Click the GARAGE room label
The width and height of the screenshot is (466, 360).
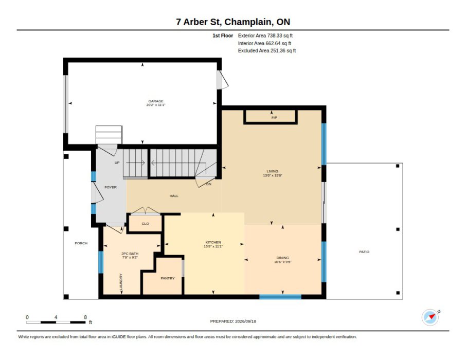coord(156,101)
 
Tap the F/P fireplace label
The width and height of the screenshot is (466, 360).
coord(274,118)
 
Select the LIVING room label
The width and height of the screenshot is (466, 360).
coord(272,171)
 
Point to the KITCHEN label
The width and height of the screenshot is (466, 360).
coord(213,242)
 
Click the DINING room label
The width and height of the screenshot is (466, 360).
coord(282,258)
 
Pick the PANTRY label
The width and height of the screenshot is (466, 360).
coord(168,278)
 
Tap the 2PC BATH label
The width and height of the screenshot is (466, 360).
coord(130,254)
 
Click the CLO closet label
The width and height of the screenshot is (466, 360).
coord(146,224)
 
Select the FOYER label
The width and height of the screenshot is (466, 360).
coord(111,187)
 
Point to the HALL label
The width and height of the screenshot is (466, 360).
coord(174,196)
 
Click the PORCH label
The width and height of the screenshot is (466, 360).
coord(81,243)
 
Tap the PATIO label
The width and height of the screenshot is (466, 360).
coord(364,252)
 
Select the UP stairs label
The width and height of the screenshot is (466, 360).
coord(117,163)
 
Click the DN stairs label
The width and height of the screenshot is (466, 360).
coord(209,184)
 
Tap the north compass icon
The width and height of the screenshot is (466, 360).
coord(430,317)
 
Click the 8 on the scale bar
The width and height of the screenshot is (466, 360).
coord(85,317)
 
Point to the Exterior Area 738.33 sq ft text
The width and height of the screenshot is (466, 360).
coord(265,35)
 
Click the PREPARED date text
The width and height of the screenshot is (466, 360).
coord(233,321)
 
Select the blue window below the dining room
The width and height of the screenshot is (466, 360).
coord(280,297)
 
